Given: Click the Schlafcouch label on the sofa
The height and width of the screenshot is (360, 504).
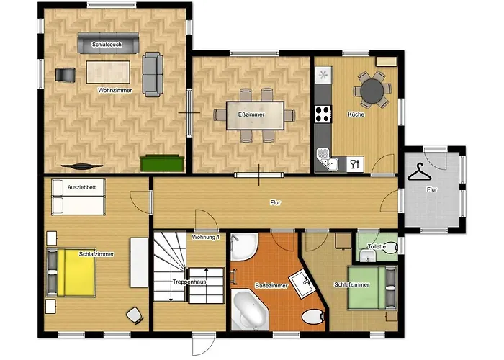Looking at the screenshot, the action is [x=107, y=45].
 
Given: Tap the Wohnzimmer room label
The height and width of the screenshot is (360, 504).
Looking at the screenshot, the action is [x=115, y=90].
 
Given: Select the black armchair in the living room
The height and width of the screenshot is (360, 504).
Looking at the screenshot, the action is [x=66, y=75].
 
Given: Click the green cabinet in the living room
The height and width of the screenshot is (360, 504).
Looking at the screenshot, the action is [x=162, y=163].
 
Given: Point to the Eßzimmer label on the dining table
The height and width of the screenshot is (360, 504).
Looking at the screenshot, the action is [x=251, y=114].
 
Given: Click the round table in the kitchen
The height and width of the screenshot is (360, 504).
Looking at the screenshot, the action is [x=372, y=90].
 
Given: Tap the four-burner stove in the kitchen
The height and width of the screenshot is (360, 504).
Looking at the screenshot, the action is [x=323, y=114].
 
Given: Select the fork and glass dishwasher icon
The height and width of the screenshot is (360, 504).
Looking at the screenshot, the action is [x=355, y=164].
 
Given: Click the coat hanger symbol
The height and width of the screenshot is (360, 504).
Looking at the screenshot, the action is [x=420, y=172].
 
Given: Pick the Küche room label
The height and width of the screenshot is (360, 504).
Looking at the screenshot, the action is [x=356, y=114].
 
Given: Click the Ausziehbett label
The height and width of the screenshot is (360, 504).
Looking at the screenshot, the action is [x=81, y=187].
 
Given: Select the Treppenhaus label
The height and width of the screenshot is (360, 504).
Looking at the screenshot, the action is [x=189, y=282].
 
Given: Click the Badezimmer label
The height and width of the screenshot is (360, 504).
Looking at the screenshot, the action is [x=271, y=285].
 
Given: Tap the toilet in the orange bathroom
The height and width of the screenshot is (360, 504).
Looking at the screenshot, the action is [x=313, y=317].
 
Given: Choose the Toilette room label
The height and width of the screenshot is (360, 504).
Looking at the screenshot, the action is [x=377, y=246].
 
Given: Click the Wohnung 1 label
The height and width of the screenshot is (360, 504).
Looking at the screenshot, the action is [x=206, y=237].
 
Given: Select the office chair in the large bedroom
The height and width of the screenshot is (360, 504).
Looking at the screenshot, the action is [x=135, y=315].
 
